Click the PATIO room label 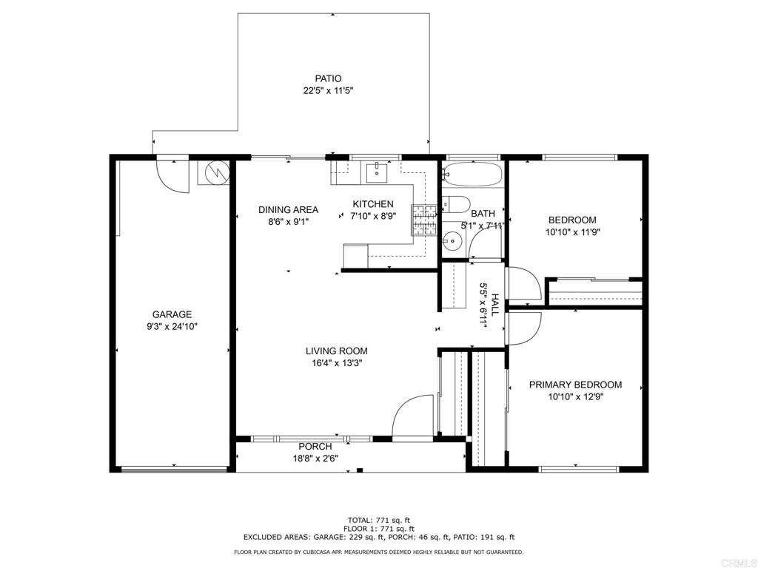[328, 78]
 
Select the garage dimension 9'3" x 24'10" [172, 326]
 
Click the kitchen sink [377, 172]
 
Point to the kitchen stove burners [424, 220]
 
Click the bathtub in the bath [472, 174]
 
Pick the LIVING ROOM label [337, 351]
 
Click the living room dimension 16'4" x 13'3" [337, 363]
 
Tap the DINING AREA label [288, 209]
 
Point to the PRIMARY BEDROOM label [575, 385]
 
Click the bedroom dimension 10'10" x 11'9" [573, 231]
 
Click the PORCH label [315, 447]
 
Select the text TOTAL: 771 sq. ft [379, 520]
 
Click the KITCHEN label [373, 204]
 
